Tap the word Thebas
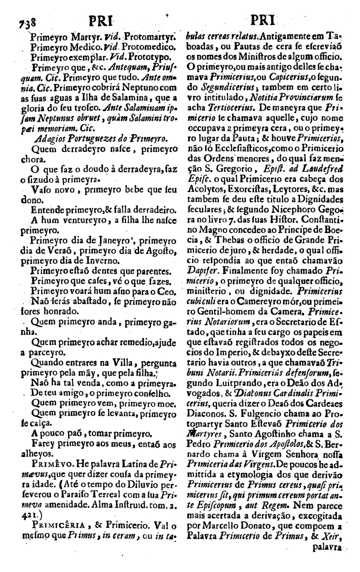click(223, 222)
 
